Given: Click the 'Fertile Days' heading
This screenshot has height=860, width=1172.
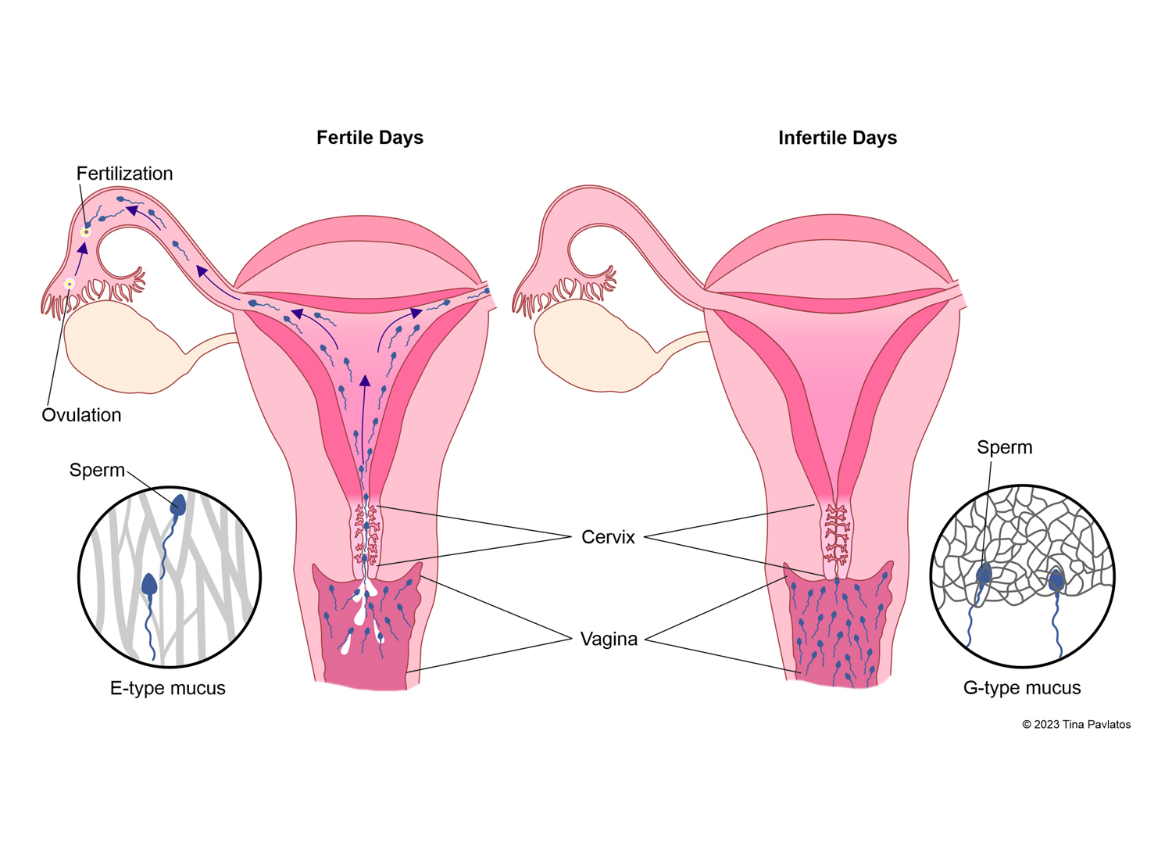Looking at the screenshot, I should (370, 138).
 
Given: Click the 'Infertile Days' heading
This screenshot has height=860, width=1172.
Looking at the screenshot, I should (837, 138).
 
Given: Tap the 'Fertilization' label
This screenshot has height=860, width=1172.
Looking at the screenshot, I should (124, 174).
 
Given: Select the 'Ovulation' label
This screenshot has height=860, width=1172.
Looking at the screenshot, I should (81, 415).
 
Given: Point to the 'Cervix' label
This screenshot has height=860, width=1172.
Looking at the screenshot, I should (608, 537).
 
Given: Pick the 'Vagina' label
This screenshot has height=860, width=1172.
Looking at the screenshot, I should (609, 640).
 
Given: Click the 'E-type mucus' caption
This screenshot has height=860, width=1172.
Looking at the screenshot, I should (167, 688).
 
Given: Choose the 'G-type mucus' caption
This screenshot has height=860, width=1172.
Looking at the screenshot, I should (1021, 688).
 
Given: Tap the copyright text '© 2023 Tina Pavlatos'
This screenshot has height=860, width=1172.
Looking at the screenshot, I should (1076, 725).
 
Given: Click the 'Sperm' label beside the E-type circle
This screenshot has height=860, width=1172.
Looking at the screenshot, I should (97, 470).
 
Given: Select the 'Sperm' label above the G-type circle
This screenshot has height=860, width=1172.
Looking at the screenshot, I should (1004, 447).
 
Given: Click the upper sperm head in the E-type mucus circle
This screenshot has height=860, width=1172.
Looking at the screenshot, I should (178, 504).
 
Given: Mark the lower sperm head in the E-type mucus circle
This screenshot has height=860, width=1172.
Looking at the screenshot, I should (149, 585).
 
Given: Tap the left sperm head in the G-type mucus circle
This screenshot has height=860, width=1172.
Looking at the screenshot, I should (984, 575).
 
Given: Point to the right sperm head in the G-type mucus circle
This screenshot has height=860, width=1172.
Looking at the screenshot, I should (1056, 580).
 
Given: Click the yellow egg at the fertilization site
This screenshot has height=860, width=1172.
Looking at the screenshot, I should (86, 232).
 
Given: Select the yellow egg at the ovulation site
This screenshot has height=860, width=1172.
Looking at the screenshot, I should (70, 284).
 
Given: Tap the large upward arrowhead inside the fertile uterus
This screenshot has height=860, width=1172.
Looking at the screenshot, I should (364, 382).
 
